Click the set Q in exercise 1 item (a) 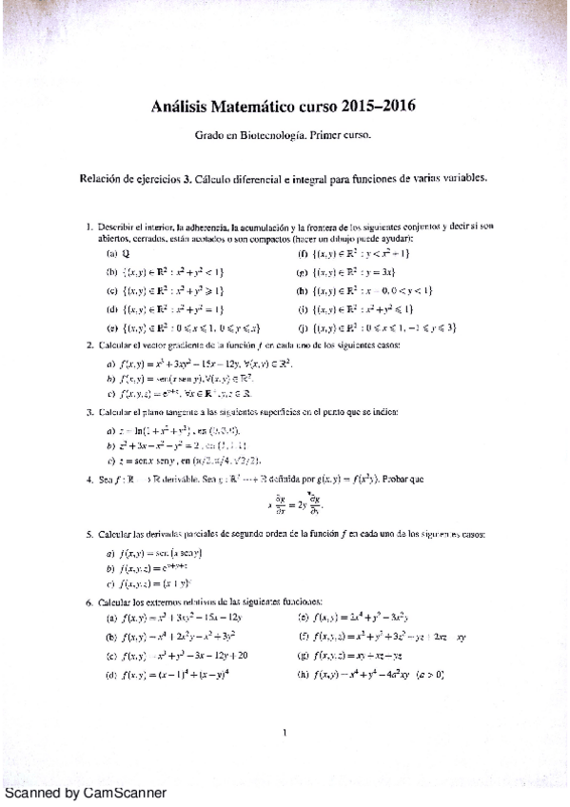pos(127,254)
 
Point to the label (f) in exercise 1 pos(303,254)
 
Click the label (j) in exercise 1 pos(303,327)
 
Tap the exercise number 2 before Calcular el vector pos(88,344)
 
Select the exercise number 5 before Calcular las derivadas pos(88,535)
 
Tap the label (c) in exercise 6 pos(111,656)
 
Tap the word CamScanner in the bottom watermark pos(125,793)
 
